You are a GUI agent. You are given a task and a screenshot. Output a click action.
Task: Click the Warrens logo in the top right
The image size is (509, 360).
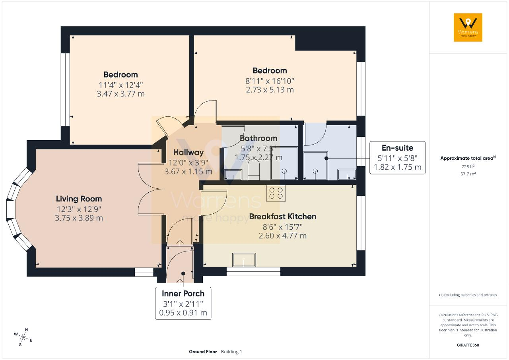[468, 27]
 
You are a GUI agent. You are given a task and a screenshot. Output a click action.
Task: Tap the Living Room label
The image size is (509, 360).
[79, 199]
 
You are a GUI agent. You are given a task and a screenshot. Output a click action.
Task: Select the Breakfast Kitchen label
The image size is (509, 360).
[283, 217]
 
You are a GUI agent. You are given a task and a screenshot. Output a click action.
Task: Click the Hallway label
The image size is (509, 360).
[188, 153]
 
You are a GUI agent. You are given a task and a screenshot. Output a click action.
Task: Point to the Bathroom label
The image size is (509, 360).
[258, 138]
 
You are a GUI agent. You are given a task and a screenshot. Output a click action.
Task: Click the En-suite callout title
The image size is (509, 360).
[397, 148]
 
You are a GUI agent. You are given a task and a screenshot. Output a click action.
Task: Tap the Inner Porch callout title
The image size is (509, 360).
[183, 294]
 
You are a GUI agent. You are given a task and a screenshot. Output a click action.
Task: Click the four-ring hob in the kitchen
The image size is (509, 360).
[276, 193]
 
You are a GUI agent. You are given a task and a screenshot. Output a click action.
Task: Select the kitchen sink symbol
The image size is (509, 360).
[244, 260]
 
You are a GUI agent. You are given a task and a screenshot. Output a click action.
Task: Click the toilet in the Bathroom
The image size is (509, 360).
[254, 170]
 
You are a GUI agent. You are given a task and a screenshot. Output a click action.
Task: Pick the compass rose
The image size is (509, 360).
[23, 337]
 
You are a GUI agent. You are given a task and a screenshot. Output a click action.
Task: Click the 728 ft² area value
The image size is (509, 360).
[468, 166]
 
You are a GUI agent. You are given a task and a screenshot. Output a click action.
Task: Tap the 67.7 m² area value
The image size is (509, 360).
[468, 174]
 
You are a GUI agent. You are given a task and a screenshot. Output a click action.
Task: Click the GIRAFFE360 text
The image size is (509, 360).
[468, 345]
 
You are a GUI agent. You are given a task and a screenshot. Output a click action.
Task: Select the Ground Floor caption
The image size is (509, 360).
[203, 352]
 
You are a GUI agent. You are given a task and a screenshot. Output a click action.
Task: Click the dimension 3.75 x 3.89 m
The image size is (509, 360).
[79, 218]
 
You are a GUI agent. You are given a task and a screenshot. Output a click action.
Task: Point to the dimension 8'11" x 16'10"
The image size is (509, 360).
[270, 81]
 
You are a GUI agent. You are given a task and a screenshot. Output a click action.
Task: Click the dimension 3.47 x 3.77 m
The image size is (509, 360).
[120, 94]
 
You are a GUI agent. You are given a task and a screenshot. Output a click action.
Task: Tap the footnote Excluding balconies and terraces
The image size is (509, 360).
[468, 295]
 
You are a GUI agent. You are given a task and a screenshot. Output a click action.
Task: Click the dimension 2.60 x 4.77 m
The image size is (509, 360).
[283, 236]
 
